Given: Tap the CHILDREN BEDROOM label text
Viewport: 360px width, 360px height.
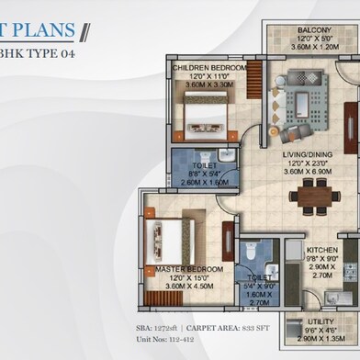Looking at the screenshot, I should [211, 68].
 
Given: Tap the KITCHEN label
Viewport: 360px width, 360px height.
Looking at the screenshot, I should [321, 249].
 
